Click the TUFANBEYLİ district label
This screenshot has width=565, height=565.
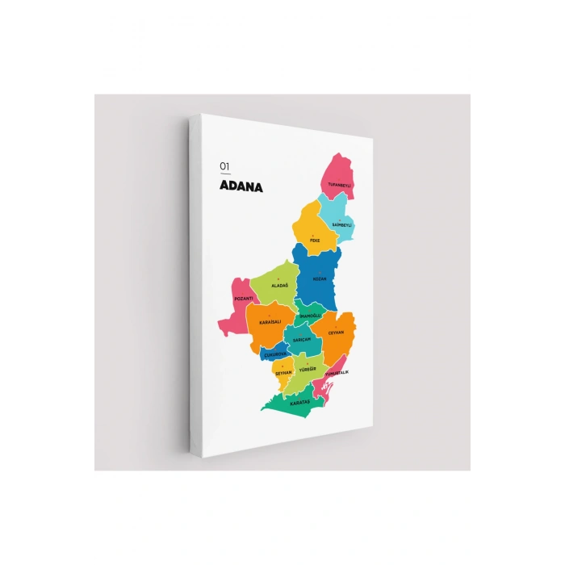point(340,185)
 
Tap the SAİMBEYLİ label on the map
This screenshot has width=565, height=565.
point(342,224)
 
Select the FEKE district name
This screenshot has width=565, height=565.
point(315,240)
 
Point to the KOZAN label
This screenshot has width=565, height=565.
point(319,278)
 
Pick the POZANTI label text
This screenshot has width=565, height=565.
point(243,299)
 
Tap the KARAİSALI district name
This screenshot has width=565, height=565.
point(270,322)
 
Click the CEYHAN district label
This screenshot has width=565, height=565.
point(336,332)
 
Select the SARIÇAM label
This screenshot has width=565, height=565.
point(302,339)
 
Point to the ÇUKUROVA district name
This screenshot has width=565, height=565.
point(275,354)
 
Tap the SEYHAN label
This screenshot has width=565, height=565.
point(282,373)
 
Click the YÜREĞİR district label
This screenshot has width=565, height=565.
point(308,369)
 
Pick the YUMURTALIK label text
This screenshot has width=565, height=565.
point(337,372)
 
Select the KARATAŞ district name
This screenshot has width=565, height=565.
point(300,401)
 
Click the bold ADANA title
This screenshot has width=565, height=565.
point(241,186)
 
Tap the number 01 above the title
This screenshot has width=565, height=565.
point(224,166)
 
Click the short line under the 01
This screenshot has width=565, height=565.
point(225,174)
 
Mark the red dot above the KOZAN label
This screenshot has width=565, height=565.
point(319,272)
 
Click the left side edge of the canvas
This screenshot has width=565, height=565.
point(195,282)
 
